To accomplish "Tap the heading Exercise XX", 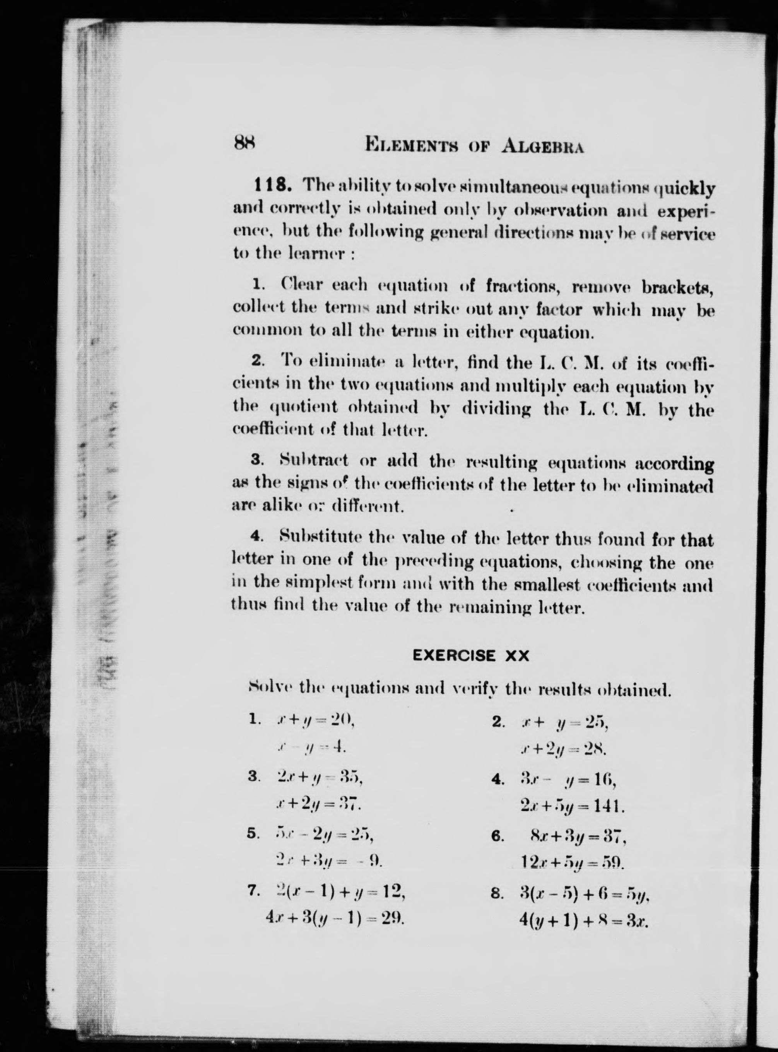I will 470,656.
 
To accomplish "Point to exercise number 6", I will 498,837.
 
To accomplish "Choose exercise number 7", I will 253,891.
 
